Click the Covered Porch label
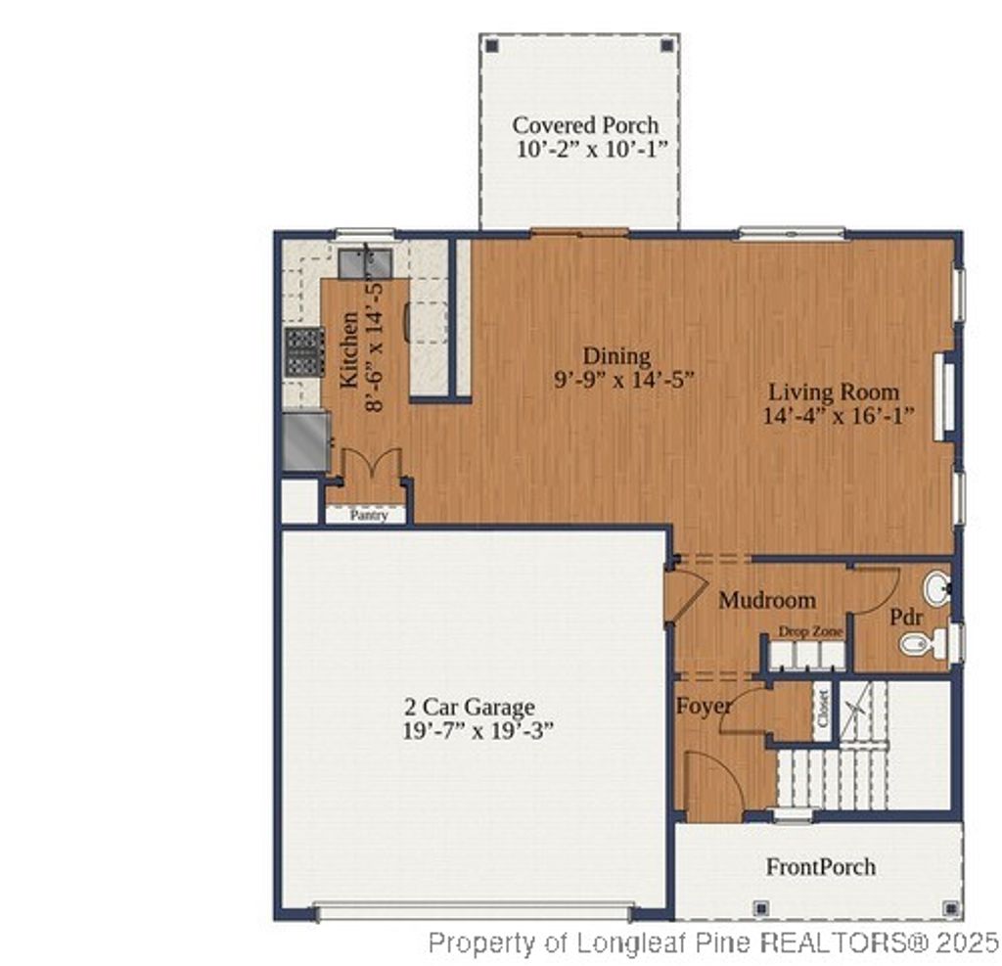(585, 125)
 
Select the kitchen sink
(365, 263)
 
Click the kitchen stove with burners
(304, 351)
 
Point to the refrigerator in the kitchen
(305, 441)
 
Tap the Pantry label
(369, 515)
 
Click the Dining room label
(616, 356)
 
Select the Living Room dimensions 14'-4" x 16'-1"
(839, 416)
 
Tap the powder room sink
(935, 587)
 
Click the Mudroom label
(767, 600)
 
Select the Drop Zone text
(810, 632)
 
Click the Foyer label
(703, 706)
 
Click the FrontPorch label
(820, 866)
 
